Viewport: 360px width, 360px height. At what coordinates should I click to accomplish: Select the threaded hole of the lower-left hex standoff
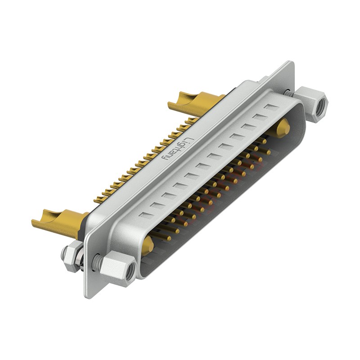130,270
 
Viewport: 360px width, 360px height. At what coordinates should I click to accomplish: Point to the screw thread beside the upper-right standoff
288,92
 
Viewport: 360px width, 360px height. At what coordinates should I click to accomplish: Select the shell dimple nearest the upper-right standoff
272,108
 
